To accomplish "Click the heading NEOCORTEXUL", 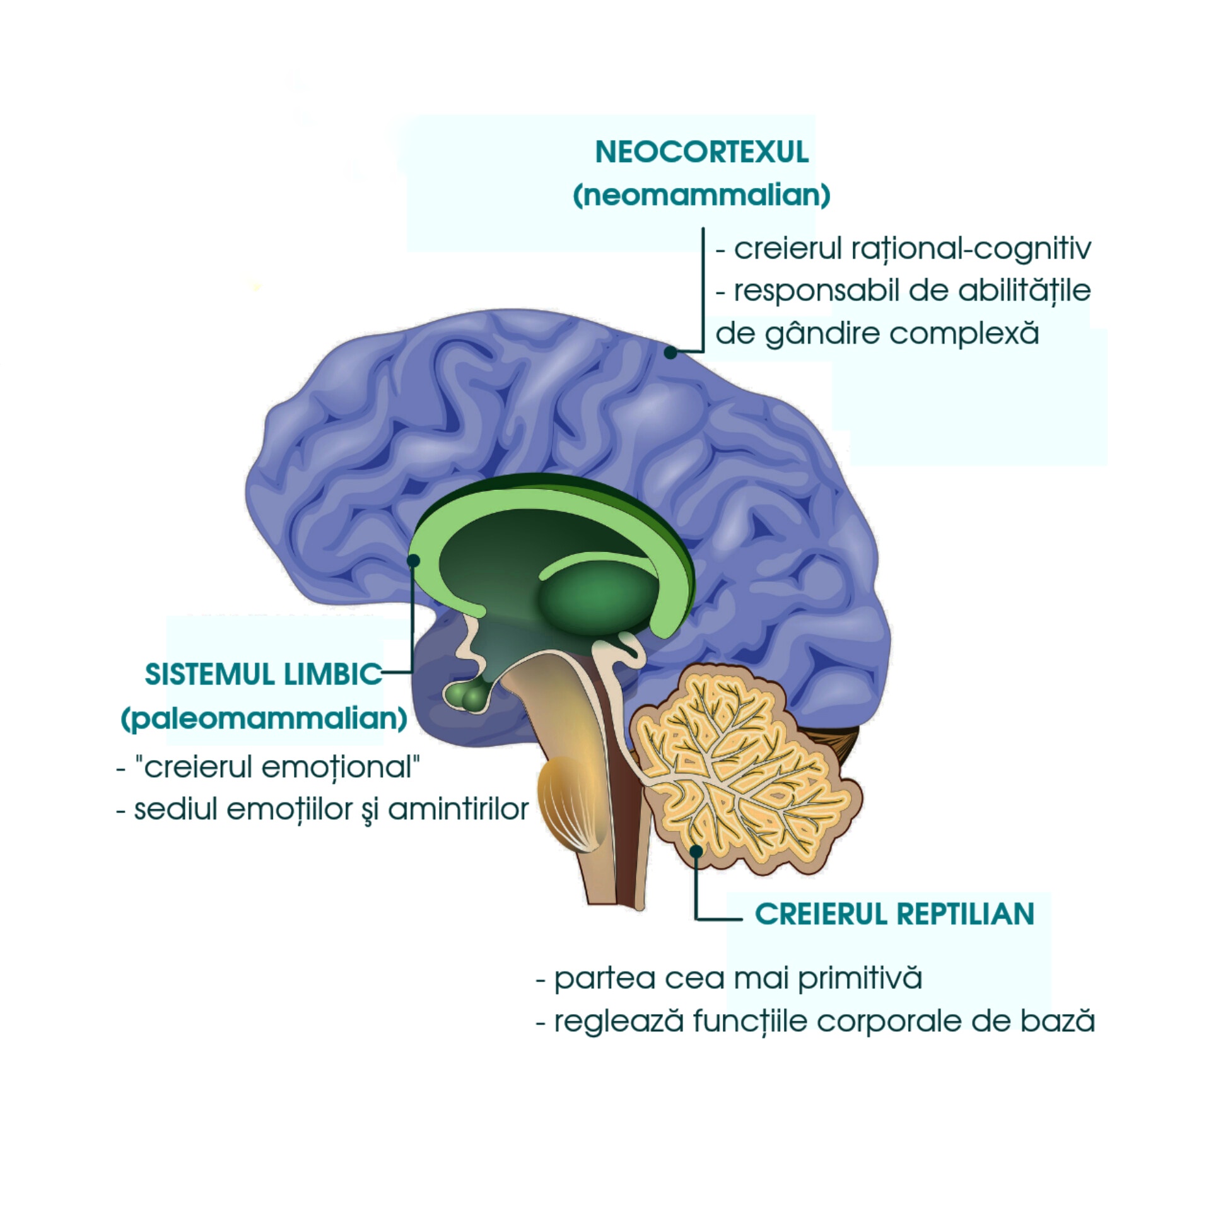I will click(701, 152).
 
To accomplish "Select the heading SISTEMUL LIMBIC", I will click(263, 674).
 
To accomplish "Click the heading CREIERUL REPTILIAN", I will click(894, 914).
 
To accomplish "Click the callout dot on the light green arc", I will click(414, 560).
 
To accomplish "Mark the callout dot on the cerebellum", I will click(696, 851).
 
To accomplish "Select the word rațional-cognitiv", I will click(971, 249).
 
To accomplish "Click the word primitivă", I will click(859, 978).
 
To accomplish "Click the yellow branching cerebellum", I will click(744, 769).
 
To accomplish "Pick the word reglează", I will click(618, 1021).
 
